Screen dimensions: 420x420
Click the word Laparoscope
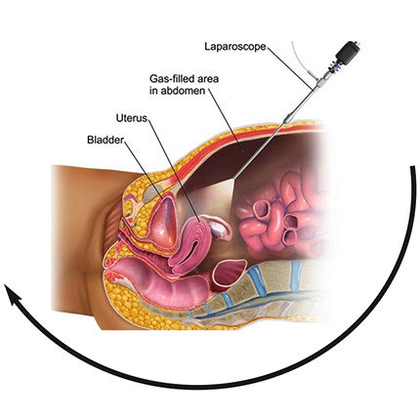pos(235,47)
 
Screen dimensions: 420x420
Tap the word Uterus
pos(132,118)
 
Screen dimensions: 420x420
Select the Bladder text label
pos(105,140)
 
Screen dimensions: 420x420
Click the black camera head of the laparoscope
pos(348,53)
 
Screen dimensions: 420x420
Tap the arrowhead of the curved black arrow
pos(13,293)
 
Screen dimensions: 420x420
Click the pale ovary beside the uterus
pos(219,227)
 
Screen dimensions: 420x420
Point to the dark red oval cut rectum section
pos(229,272)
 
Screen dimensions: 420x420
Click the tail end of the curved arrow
pos(413,167)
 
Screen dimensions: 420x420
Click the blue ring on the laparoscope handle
pos(333,65)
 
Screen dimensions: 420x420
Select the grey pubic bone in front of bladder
pos(152,193)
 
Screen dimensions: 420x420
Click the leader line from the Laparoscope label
pos(290,67)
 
